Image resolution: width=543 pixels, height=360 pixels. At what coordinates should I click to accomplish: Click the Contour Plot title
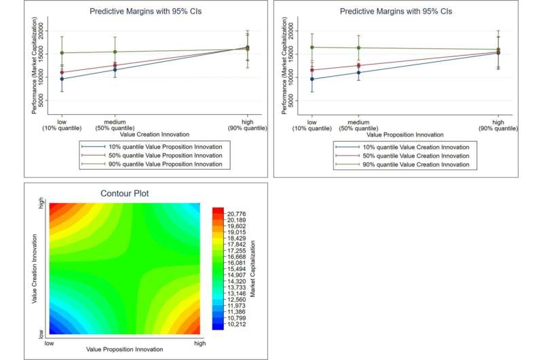(125, 194)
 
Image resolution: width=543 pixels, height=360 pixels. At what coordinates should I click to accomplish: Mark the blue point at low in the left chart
(62, 79)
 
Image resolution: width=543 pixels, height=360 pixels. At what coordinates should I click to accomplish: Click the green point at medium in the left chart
(114, 52)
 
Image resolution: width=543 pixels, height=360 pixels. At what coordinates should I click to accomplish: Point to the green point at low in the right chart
(312, 47)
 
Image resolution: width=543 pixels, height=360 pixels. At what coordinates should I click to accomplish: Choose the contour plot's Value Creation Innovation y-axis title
(34, 267)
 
